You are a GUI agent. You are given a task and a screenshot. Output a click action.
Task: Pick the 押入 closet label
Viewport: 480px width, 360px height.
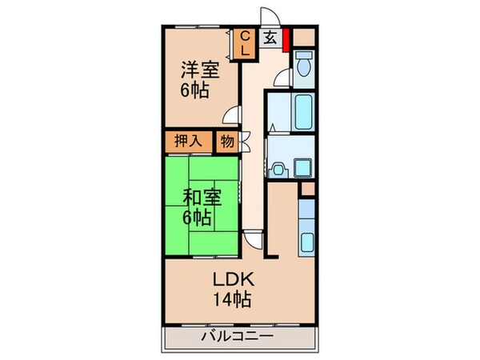pos(188,142)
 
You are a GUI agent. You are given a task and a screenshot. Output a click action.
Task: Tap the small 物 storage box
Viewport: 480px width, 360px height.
pos(226,142)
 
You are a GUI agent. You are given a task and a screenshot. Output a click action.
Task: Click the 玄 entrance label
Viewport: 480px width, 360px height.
pos(271,38)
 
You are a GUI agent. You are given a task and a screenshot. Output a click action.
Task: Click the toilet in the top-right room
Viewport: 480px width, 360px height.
pos(302,66)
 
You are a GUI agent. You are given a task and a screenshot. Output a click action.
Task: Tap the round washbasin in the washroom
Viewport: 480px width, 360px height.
pos(278,169)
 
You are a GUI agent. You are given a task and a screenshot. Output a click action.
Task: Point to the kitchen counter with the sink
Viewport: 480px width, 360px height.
pos(306,225)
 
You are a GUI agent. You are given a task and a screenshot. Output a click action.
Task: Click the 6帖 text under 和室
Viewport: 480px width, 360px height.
pos(197,217)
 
